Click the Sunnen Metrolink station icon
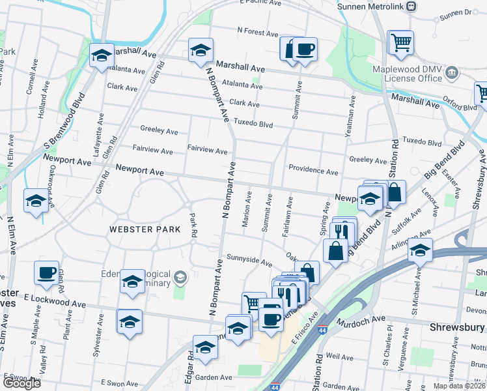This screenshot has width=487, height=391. tap(411, 6)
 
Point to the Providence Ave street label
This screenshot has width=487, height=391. tap(314, 171)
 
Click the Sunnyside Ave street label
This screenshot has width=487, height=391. tap(249, 261)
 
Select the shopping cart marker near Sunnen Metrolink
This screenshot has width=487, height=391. tap(400, 42)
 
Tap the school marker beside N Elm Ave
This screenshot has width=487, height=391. tap(35, 200)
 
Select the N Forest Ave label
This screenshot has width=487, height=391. tap(258, 31)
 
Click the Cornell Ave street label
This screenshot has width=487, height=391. tap(29, 81)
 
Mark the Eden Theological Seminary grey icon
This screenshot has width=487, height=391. tap(180, 278)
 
